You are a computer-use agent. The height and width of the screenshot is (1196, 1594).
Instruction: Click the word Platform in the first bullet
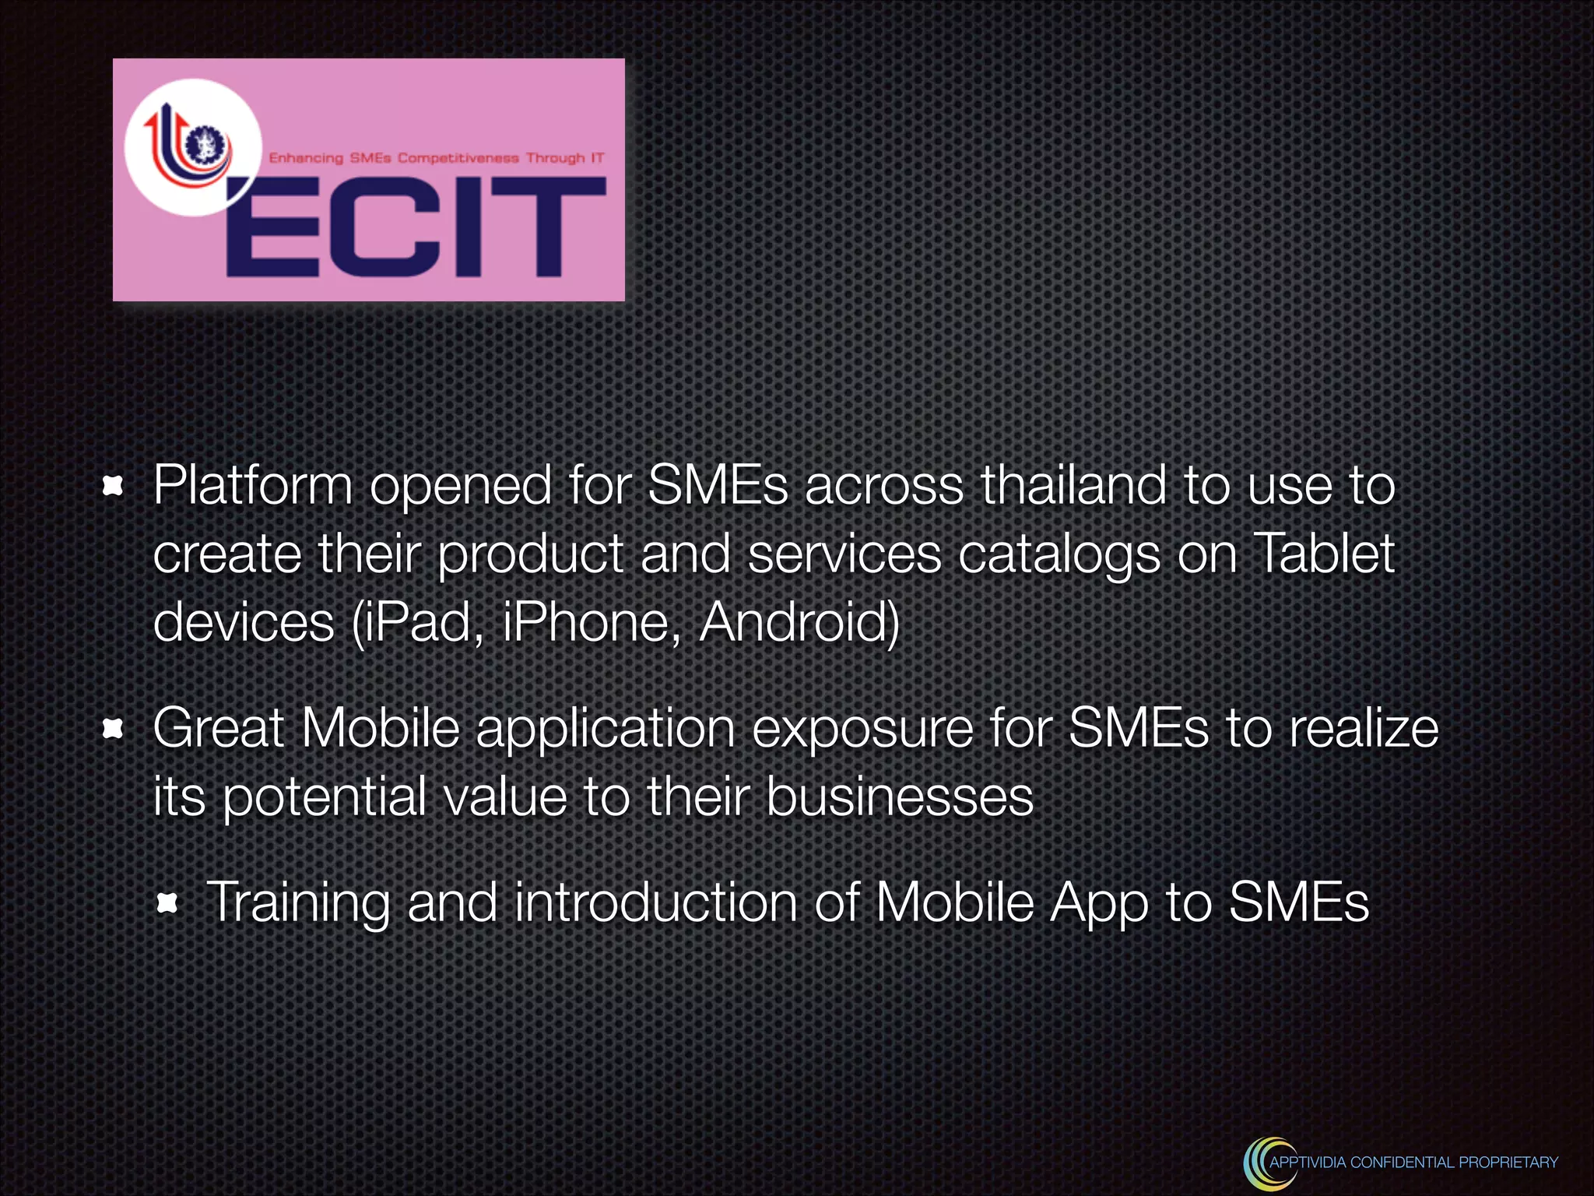click(253, 487)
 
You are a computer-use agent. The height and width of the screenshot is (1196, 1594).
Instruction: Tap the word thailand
click(1073, 485)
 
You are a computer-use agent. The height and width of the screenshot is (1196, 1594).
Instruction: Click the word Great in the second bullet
click(218, 728)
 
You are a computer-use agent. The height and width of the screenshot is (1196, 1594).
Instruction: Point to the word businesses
click(900, 797)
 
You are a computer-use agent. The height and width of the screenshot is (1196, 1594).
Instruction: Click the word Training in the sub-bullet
click(297, 903)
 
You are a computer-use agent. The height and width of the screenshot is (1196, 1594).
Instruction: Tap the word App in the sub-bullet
click(1098, 903)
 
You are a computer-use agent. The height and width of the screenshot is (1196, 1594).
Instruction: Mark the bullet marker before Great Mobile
click(114, 730)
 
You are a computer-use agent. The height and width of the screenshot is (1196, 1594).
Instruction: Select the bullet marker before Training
click(167, 904)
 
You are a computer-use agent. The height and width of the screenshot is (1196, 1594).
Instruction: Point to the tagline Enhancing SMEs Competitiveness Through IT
click(436, 158)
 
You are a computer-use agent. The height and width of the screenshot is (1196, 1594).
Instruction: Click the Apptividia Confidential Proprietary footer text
click(1413, 1163)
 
